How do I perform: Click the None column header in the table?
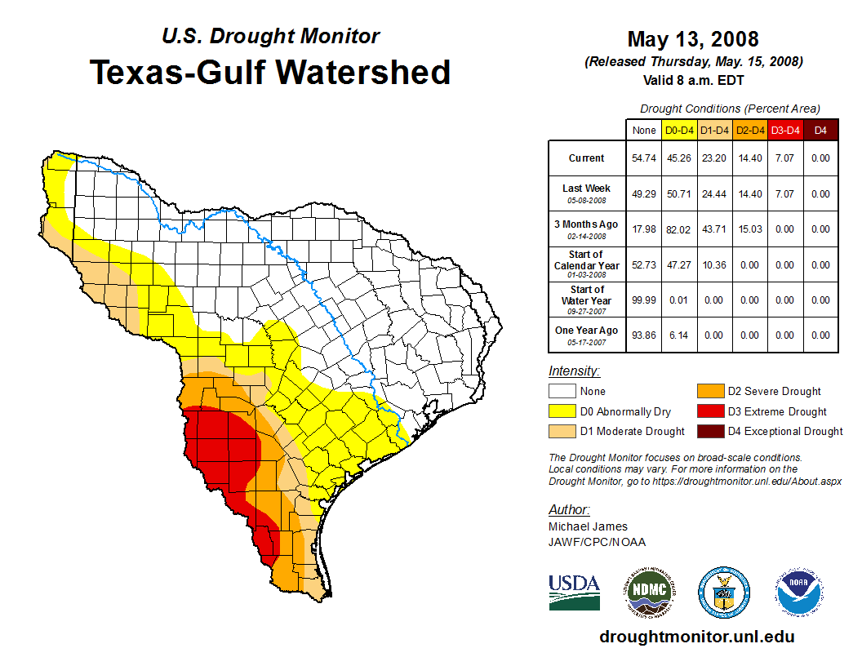pyautogui.click(x=643, y=131)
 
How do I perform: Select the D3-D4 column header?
pyautogui.click(x=784, y=131)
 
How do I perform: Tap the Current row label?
pyautogui.click(x=587, y=158)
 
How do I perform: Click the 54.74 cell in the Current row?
pyautogui.click(x=643, y=158)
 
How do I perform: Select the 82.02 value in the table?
pyautogui.click(x=679, y=229)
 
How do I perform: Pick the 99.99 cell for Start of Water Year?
pyautogui.click(x=643, y=300)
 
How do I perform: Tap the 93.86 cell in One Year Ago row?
pyautogui.click(x=643, y=335)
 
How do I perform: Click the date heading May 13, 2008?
pyautogui.click(x=692, y=39)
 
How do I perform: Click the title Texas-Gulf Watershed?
pyautogui.click(x=270, y=72)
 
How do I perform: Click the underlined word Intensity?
pyautogui.click(x=574, y=371)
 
